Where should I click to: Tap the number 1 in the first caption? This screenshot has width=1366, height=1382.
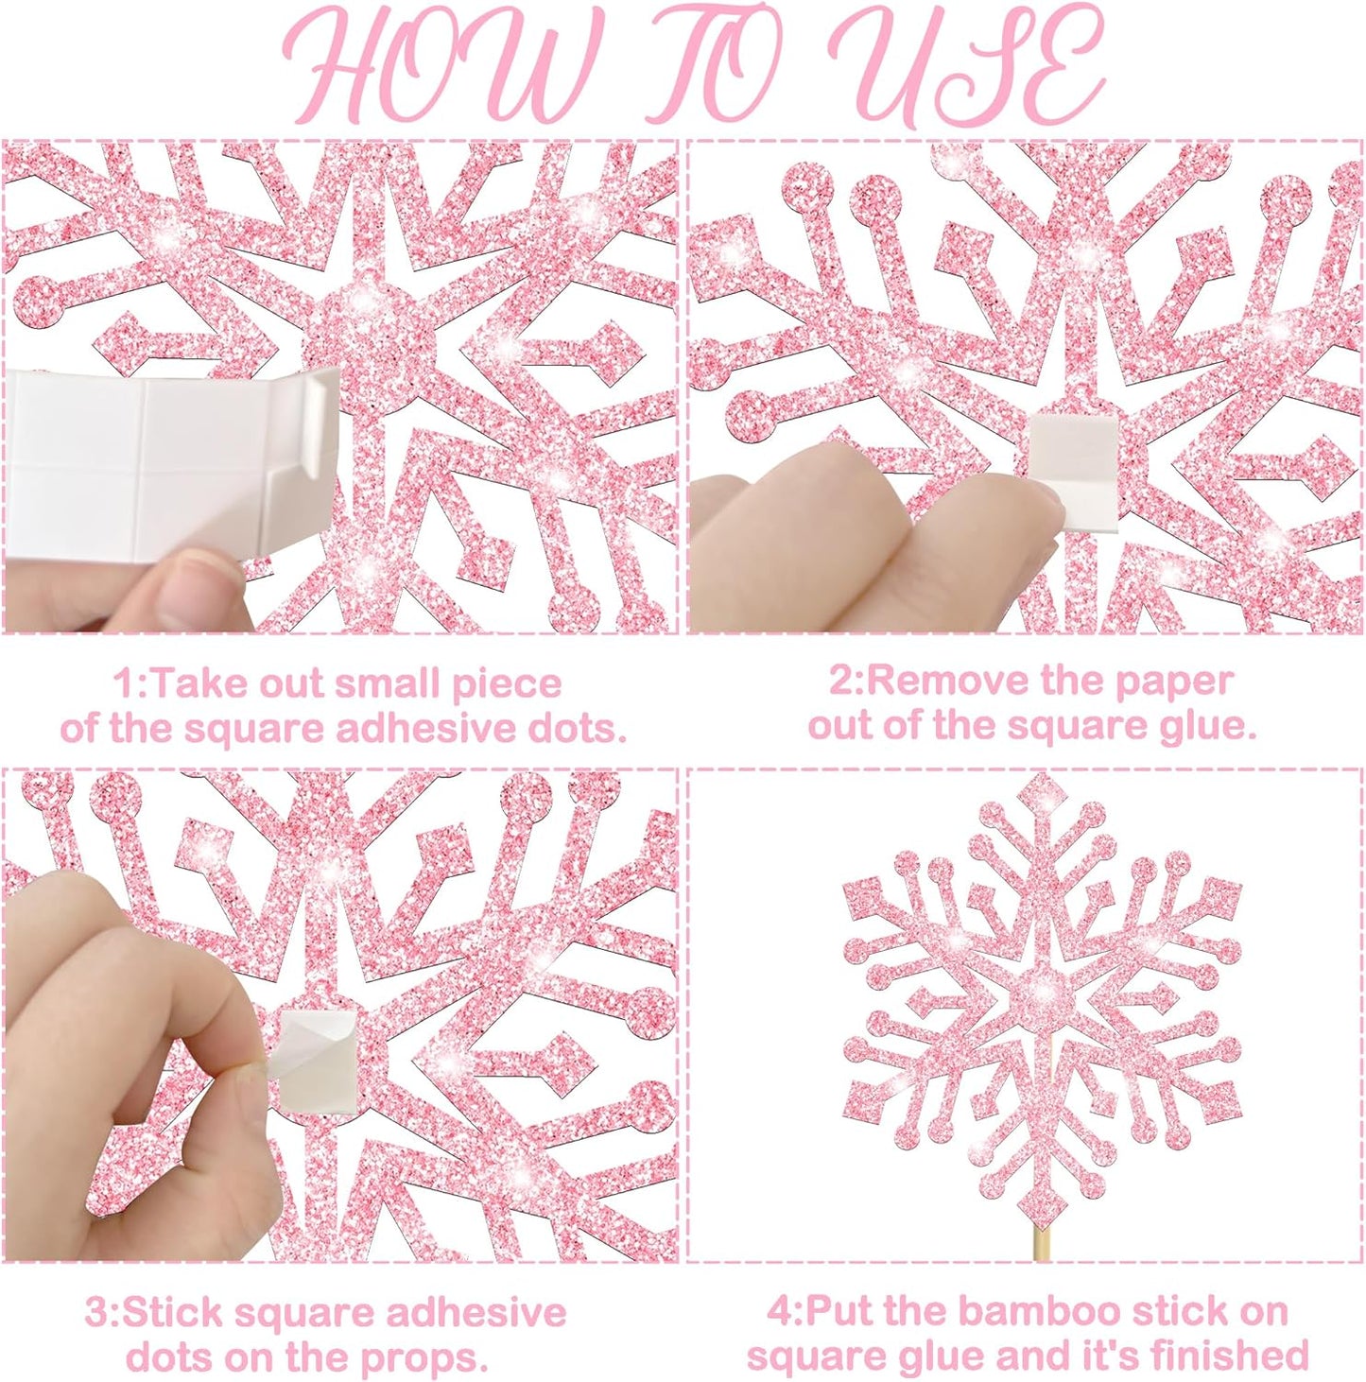click(123, 683)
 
